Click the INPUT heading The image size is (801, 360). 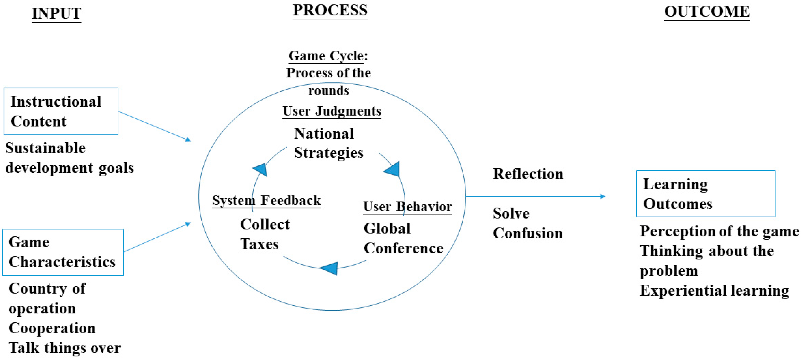pos(56,14)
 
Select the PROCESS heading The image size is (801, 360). pos(330,10)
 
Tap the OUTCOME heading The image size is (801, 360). pos(707,12)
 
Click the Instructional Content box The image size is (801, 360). pos(61,111)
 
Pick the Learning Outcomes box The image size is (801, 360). pos(706,193)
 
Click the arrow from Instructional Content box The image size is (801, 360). pos(154,126)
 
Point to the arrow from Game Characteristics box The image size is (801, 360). pos(157,237)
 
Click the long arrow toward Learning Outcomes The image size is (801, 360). pos(535,196)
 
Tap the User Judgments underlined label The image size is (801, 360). pos(332,111)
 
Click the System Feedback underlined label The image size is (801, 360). pos(266,200)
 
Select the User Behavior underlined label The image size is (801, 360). pos(407,206)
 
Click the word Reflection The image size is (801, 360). pos(528,174)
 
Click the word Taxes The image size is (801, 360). pos(259,244)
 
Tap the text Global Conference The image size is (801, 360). pos(403,238)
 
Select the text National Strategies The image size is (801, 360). pos(328,143)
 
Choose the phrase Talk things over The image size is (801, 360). pos(65,348)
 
